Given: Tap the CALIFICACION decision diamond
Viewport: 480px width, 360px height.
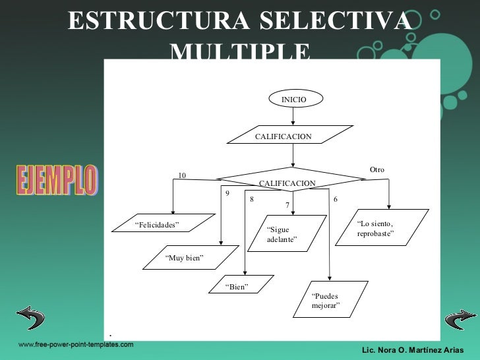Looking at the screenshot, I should pos(287,179).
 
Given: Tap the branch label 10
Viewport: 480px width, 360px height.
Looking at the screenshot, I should pos(183,175).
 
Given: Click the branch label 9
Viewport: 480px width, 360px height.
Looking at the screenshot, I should pos(227,194).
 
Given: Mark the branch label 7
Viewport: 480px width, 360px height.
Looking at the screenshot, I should pos(287,205).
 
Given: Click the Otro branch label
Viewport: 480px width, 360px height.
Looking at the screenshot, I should pos(376,170).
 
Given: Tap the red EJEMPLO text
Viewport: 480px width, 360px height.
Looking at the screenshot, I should pos(56,180).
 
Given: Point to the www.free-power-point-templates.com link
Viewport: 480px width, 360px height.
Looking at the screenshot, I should pos(75,345).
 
